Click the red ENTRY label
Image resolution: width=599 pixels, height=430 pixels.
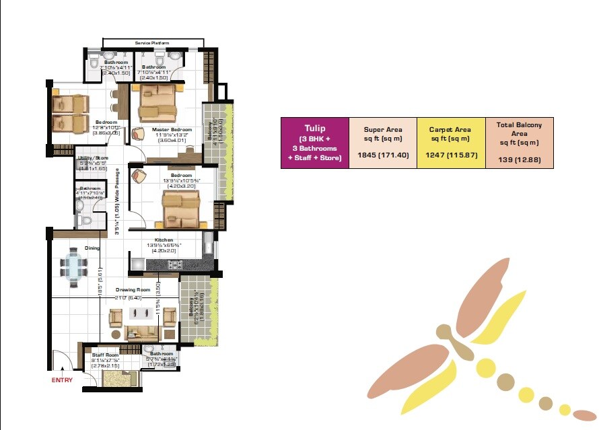pyautogui.click(x=62, y=380)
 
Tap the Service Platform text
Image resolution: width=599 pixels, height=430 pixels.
pyautogui.click(x=152, y=43)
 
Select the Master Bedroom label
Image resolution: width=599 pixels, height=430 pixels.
pyautogui.click(x=172, y=130)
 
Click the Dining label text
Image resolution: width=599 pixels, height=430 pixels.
pyautogui.click(x=92, y=248)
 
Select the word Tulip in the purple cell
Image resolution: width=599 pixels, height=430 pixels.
pyautogui.click(x=314, y=128)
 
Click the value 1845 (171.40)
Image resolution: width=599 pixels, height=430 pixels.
pyautogui.click(x=382, y=154)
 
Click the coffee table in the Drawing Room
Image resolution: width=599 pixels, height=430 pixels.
pyautogui.click(x=142, y=314)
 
